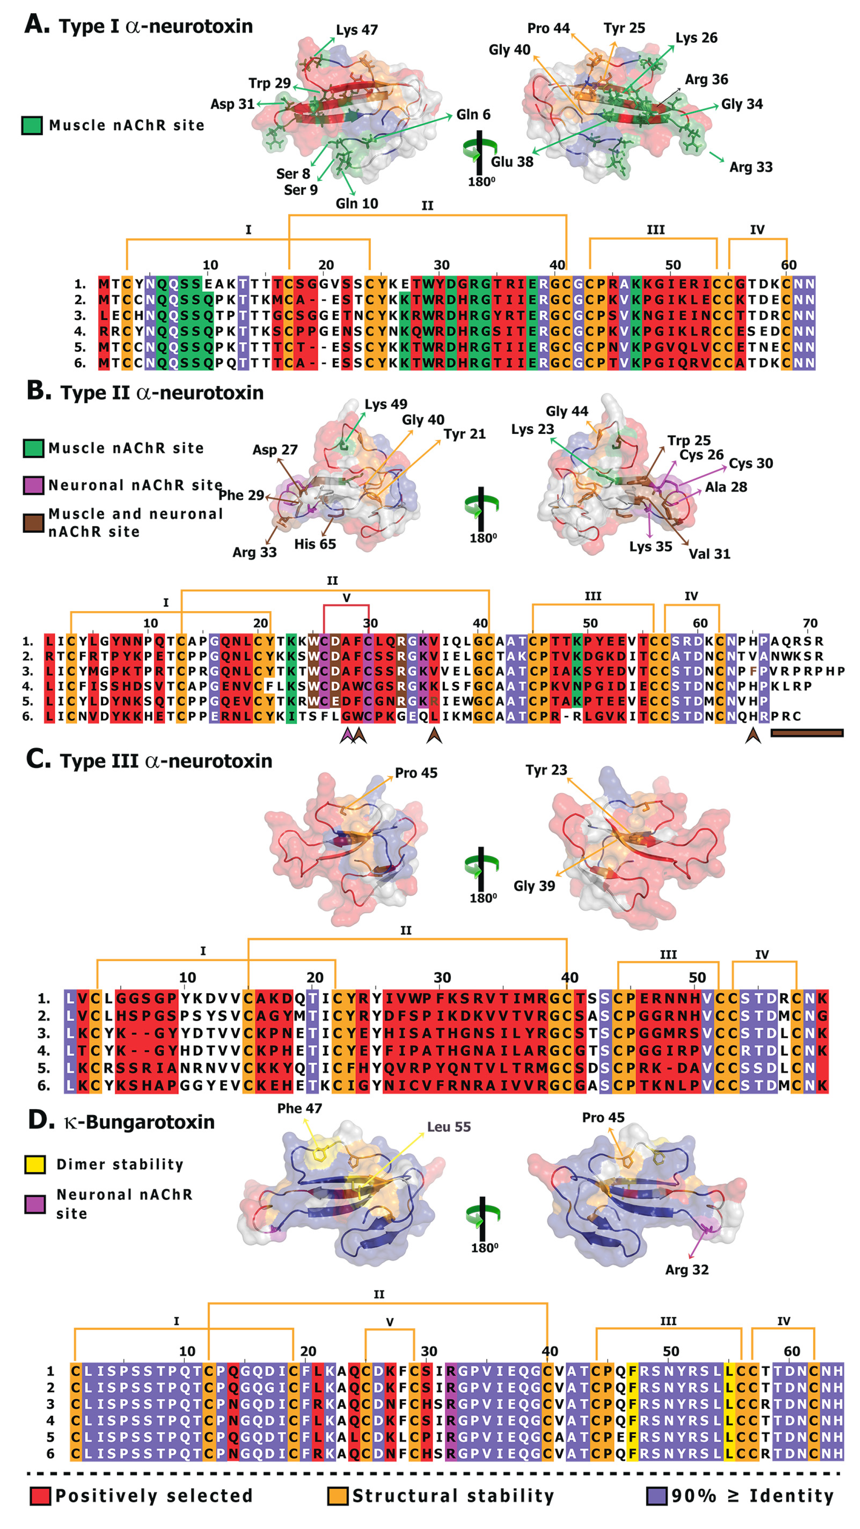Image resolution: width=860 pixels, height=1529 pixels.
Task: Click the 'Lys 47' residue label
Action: [x=357, y=29]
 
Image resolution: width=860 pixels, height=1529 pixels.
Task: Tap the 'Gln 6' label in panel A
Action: [x=473, y=115]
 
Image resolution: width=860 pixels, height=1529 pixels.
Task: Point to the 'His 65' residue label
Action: [x=315, y=544]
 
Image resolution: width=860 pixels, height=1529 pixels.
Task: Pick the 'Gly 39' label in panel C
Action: [x=534, y=886]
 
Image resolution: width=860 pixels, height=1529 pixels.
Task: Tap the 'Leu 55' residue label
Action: [x=449, y=1127]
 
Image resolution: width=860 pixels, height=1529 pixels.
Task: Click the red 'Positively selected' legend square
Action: [x=40, y=1496]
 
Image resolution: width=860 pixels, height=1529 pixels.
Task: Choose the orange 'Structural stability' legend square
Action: [x=337, y=1496]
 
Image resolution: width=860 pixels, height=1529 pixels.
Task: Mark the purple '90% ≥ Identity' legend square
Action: [x=657, y=1496]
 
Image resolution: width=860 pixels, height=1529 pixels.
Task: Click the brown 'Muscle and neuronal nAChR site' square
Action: [x=33, y=523]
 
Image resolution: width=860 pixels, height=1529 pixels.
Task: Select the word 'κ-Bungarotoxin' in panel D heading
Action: [x=139, y=1122]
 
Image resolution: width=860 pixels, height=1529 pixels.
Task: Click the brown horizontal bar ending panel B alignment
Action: [x=807, y=733]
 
